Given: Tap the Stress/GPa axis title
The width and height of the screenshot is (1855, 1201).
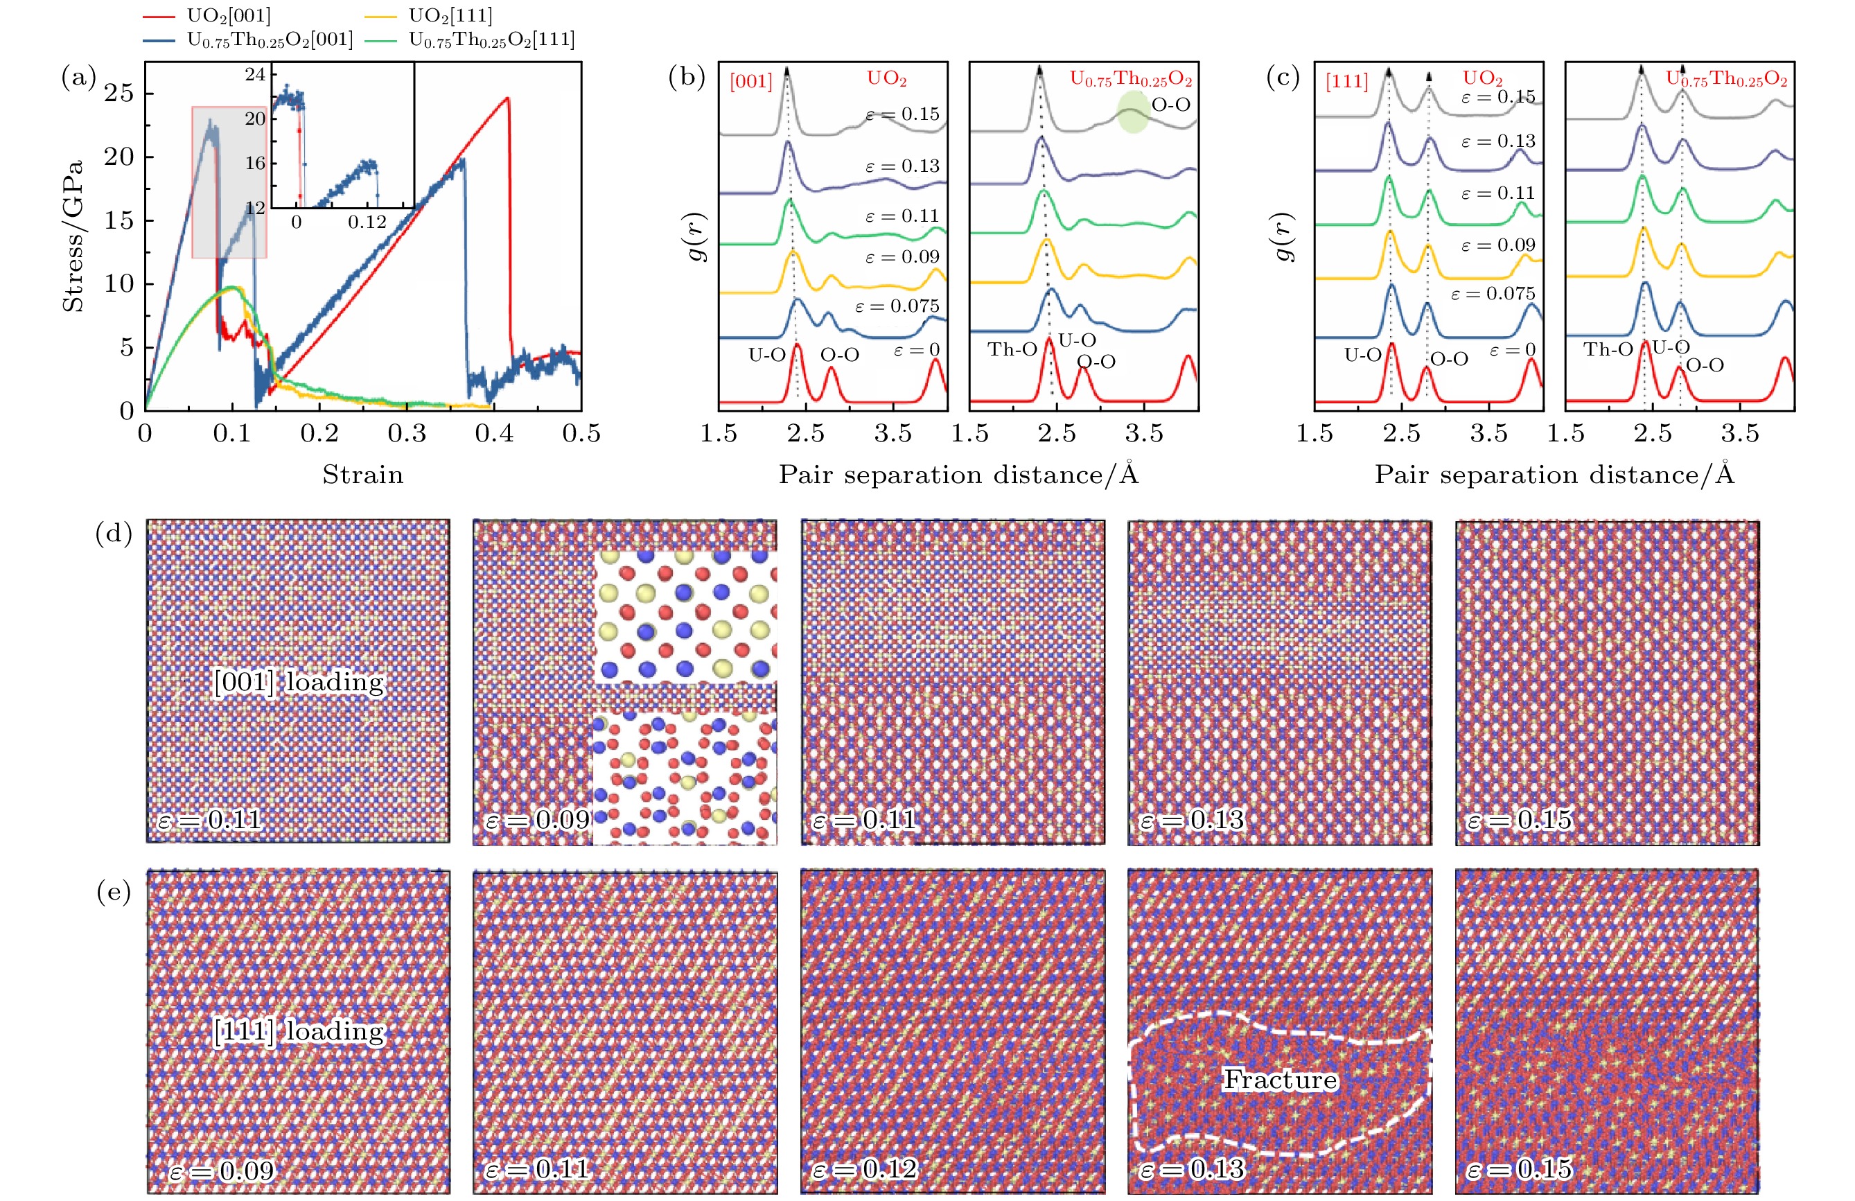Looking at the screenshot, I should pos(74,236).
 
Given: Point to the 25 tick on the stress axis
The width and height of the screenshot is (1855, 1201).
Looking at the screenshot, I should pos(119,94).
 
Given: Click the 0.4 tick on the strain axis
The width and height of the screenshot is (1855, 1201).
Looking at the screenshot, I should pos(494,433).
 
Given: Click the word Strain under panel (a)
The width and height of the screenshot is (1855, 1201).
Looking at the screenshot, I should pos(363,475).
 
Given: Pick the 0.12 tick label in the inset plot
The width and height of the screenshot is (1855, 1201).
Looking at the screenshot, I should pos(367,222).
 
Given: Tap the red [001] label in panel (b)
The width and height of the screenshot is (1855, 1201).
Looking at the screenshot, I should pos(750,81).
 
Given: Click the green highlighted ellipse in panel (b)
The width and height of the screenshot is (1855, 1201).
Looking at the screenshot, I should pos(1133,113).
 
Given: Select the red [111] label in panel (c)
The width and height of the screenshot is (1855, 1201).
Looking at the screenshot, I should pos(1347,81).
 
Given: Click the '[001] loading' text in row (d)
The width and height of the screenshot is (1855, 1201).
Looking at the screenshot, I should pos(299,682).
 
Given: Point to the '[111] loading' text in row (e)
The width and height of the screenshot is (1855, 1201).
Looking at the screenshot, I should pos(299,1031).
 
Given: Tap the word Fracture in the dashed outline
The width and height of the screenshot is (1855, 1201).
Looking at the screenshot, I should pos(1280,1080).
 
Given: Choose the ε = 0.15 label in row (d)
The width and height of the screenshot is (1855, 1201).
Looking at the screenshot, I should pos(1519,820).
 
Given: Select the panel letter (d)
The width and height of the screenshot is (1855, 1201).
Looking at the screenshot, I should pos(114,534).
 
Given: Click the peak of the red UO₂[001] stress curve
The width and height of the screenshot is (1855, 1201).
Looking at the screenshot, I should pos(507,98).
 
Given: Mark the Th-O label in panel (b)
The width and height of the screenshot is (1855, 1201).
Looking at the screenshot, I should pos(1012,349).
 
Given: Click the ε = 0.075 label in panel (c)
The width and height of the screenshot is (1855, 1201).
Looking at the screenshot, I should pos(1493,294).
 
